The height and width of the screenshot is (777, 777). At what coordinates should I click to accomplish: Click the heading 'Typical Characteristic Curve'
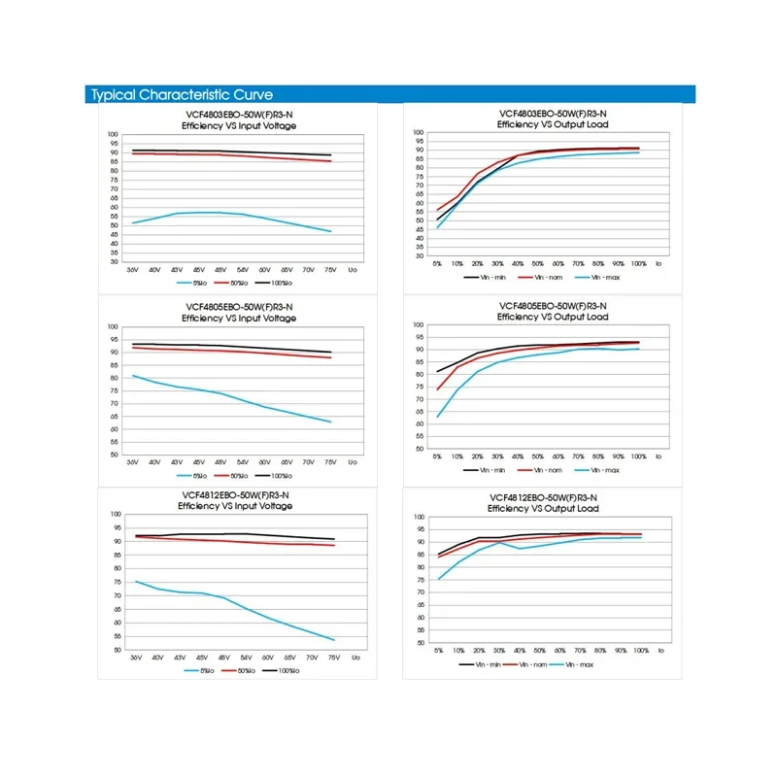pyautogui.click(x=182, y=94)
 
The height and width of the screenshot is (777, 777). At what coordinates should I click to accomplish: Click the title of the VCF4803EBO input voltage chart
pyautogui.click(x=239, y=120)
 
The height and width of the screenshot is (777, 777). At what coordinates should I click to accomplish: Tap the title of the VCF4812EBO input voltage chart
pyautogui.click(x=239, y=500)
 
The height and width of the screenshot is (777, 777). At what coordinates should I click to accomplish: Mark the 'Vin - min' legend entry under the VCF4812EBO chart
pyautogui.click(x=486, y=664)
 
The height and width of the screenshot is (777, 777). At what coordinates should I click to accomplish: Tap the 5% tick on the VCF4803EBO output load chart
pyautogui.click(x=438, y=263)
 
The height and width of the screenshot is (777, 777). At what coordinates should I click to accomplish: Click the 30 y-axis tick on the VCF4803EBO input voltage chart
pyautogui.click(x=113, y=261)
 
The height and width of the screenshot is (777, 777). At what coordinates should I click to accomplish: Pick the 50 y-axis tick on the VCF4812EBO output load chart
pyautogui.click(x=420, y=642)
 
